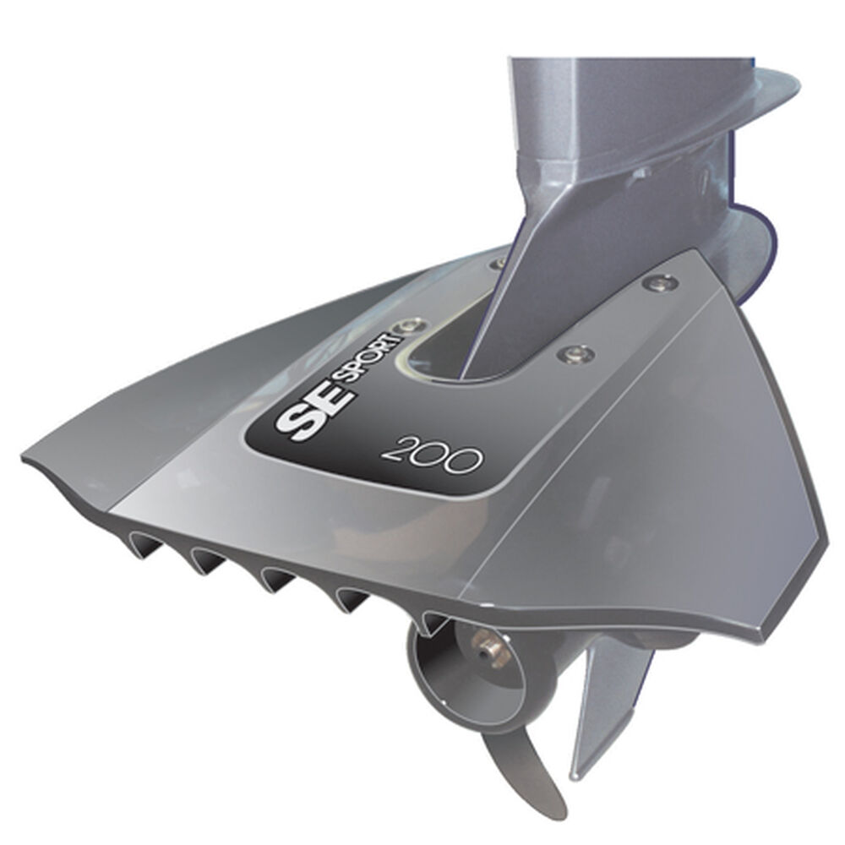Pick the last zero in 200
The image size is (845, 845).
[x=466, y=459]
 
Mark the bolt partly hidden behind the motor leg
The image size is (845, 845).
[x=500, y=264]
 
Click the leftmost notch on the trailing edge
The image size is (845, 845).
[x=147, y=546]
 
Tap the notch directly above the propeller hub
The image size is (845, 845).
[x=433, y=622]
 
